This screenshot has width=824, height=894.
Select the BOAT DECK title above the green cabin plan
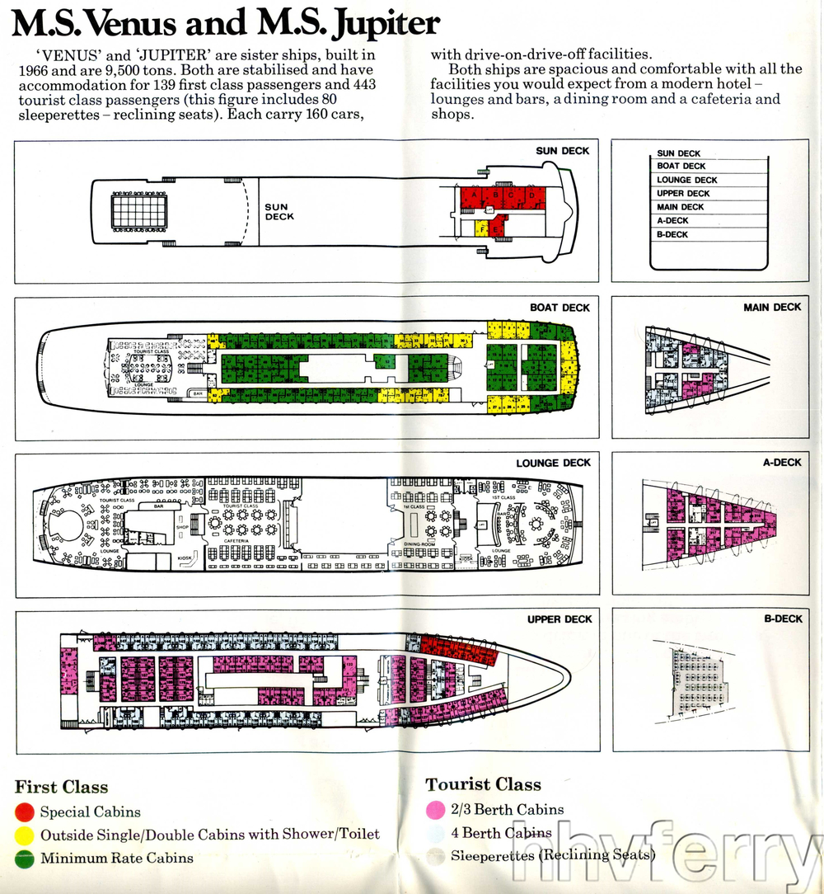559,308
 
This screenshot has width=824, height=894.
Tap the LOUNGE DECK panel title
553,463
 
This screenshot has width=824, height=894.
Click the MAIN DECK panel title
771,308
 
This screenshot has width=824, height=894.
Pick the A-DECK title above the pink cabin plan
781,463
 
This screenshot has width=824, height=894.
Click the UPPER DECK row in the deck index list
683,194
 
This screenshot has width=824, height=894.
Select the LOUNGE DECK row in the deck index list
686,180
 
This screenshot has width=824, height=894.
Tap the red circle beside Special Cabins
26,812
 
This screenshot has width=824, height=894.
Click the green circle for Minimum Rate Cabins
26,859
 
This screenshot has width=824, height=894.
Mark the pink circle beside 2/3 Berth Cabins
436,811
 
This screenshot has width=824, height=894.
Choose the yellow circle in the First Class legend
26,835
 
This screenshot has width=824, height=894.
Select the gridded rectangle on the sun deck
138,209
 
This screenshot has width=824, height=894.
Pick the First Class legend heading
61,787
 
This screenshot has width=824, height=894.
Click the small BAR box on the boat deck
198,394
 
